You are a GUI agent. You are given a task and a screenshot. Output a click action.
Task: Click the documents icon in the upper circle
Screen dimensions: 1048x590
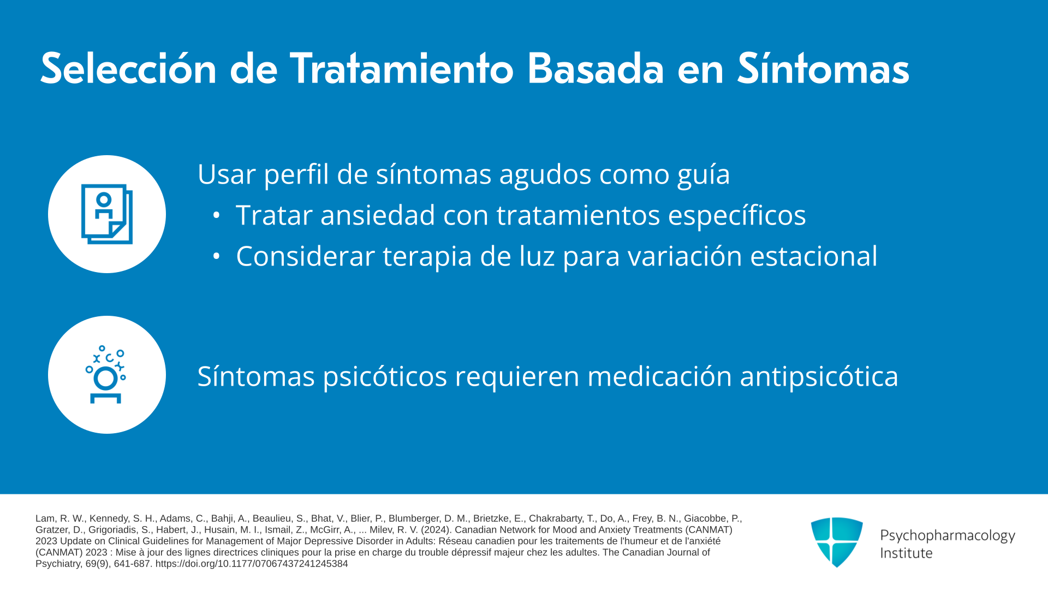(x=107, y=214)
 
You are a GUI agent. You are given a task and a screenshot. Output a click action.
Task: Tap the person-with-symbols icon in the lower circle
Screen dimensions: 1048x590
(x=106, y=375)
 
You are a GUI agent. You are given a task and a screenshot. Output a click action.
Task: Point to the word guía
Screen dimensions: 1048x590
(x=704, y=175)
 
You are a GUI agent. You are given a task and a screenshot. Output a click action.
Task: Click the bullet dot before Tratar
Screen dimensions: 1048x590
(x=217, y=216)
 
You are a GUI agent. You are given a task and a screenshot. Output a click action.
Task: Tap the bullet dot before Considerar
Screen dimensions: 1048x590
(x=217, y=256)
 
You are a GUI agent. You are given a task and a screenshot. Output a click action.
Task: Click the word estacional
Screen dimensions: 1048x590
(x=814, y=256)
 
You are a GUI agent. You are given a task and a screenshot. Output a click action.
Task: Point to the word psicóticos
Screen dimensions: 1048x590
(x=385, y=377)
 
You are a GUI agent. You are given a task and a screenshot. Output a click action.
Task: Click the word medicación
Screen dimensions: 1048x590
(x=659, y=376)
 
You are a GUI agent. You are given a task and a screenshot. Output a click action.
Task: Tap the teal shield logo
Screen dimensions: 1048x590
(x=837, y=542)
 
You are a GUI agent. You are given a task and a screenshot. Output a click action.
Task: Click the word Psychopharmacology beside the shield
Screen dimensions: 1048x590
(x=948, y=536)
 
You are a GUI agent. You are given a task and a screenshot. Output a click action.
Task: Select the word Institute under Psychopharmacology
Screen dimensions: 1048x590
(x=906, y=553)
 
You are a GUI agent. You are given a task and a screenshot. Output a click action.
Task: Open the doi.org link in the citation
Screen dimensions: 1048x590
(x=252, y=564)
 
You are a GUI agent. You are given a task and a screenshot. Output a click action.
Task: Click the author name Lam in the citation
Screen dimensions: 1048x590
(x=46, y=518)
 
